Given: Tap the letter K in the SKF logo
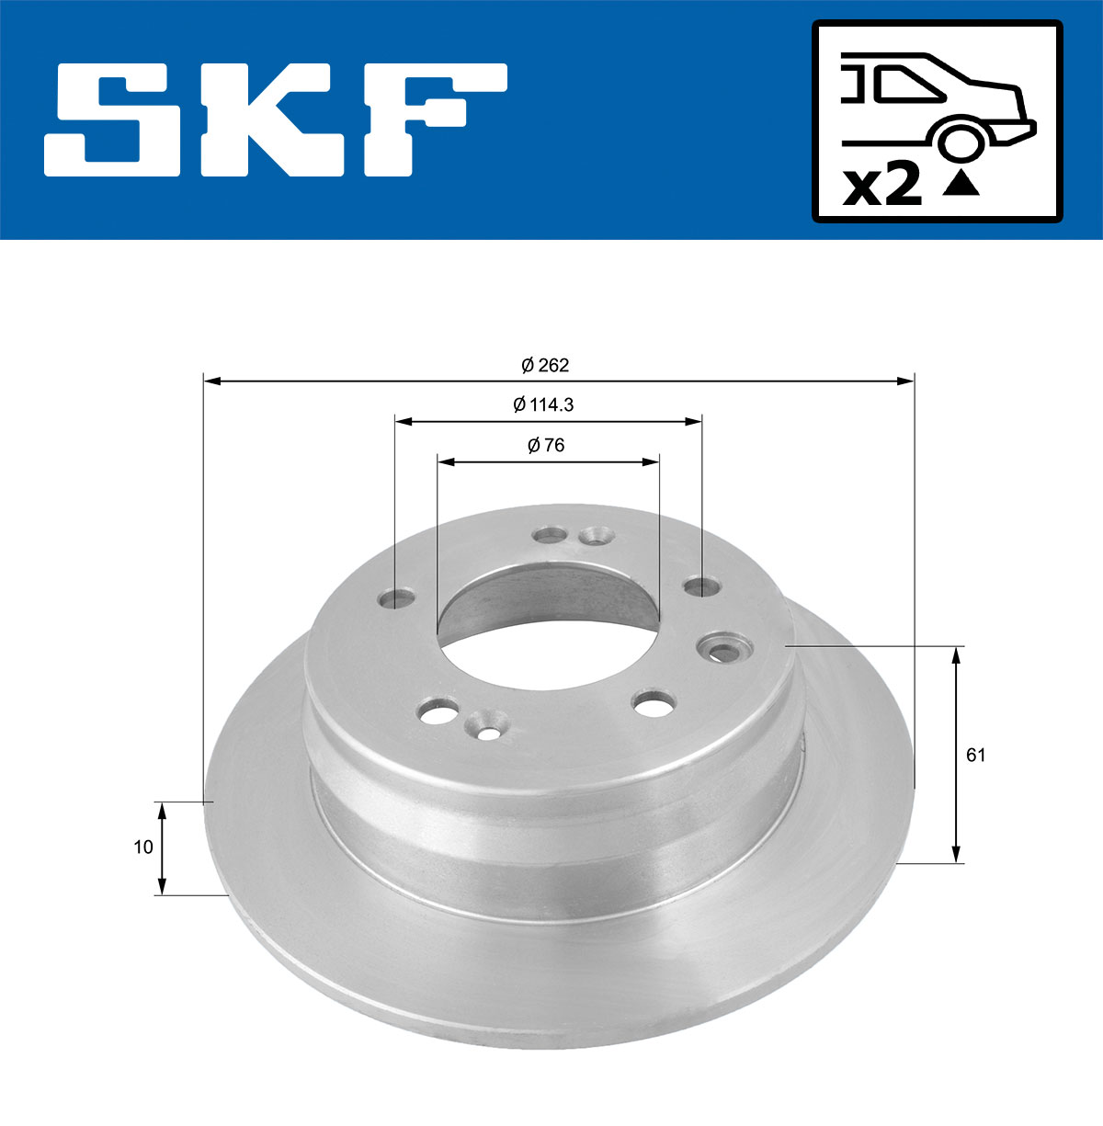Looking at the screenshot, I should pos(277,119).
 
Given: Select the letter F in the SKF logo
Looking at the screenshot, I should pos(433,119).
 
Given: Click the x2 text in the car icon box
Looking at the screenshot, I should pos(882,187).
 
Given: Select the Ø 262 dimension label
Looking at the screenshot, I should pos(545,366).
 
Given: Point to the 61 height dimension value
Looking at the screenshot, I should pos(976,756).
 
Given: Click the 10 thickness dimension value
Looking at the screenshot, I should pos(142,847).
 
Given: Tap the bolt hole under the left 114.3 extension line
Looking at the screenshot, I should pos(397,599).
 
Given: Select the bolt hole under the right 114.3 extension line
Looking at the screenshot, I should pos(701,586).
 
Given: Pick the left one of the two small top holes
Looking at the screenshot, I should pos(552,534).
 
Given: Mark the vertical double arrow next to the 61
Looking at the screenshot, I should pos(957,756).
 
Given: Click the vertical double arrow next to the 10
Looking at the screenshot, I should pos(163,847).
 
